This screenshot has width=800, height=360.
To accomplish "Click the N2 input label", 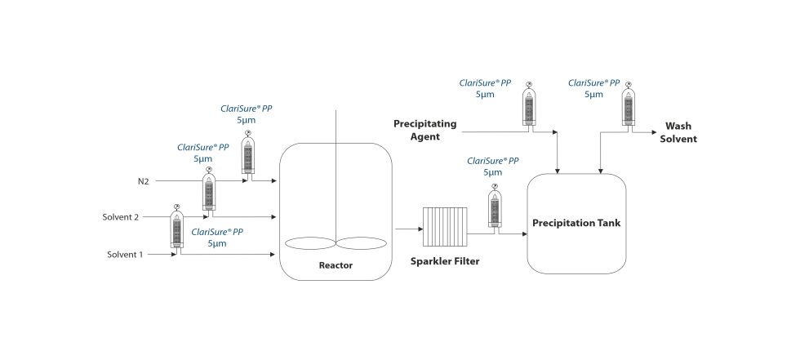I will pyautogui.click(x=143, y=180).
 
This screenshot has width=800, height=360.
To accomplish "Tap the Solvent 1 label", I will pyautogui.click(x=125, y=255).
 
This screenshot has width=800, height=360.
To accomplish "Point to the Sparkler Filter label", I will pyautogui.click(x=445, y=262).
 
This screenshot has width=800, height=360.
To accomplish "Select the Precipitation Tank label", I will pyautogui.click(x=576, y=223).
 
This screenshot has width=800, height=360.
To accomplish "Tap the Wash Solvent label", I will pyautogui.click(x=679, y=132).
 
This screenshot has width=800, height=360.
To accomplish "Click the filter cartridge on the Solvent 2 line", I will pyautogui.click(x=208, y=192).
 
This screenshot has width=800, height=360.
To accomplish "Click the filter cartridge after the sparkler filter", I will pyautogui.click(x=494, y=208).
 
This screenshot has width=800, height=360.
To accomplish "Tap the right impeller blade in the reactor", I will pyautogui.click(x=362, y=243).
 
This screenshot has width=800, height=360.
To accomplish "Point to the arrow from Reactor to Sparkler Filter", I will pyautogui.click(x=405, y=229).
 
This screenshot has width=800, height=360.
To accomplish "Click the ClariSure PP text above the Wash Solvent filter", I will pyautogui.click(x=593, y=83).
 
